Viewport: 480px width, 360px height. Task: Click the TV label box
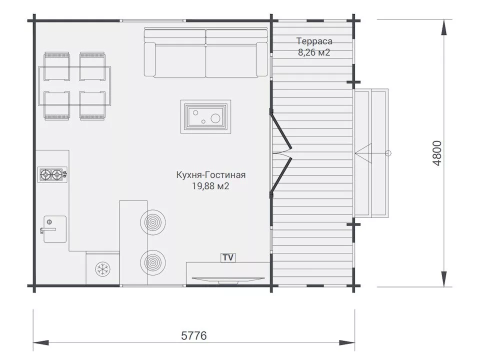point(228,257)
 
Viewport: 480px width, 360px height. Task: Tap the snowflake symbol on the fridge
point(103,269)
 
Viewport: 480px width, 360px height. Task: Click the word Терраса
point(314,41)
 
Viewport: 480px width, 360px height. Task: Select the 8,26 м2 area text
point(314,52)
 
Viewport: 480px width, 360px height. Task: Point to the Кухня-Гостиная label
point(211,175)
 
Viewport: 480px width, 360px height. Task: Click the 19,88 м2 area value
point(210,186)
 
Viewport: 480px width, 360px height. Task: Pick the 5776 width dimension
point(194,336)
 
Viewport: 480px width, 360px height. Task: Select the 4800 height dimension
point(437,153)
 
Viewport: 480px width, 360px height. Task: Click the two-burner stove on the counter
point(52,175)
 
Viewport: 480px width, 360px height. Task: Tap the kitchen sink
point(54,229)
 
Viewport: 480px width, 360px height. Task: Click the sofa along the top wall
point(205,52)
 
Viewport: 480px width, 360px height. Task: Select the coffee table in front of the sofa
point(205,116)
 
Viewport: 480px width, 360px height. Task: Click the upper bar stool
point(153,222)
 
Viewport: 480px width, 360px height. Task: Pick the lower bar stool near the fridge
point(153,262)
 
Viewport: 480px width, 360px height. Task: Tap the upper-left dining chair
point(57,66)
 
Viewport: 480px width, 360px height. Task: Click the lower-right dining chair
point(92,105)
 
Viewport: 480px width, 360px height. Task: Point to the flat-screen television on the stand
point(228,279)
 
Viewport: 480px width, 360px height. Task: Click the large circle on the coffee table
point(215,118)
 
